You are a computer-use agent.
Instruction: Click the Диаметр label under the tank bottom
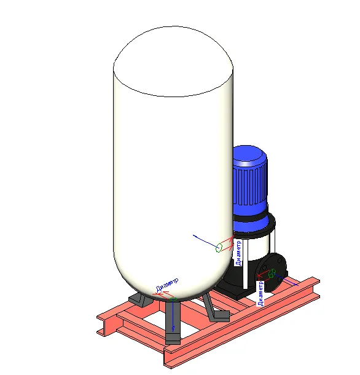click(x=167, y=285)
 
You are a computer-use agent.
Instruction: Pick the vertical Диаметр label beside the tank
click(x=238, y=253)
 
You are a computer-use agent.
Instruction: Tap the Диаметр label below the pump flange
click(x=260, y=294)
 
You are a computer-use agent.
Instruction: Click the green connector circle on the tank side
click(x=219, y=248)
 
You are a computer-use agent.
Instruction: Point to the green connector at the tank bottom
click(x=173, y=299)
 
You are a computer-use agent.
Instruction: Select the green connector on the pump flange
click(x=272, y=273)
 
